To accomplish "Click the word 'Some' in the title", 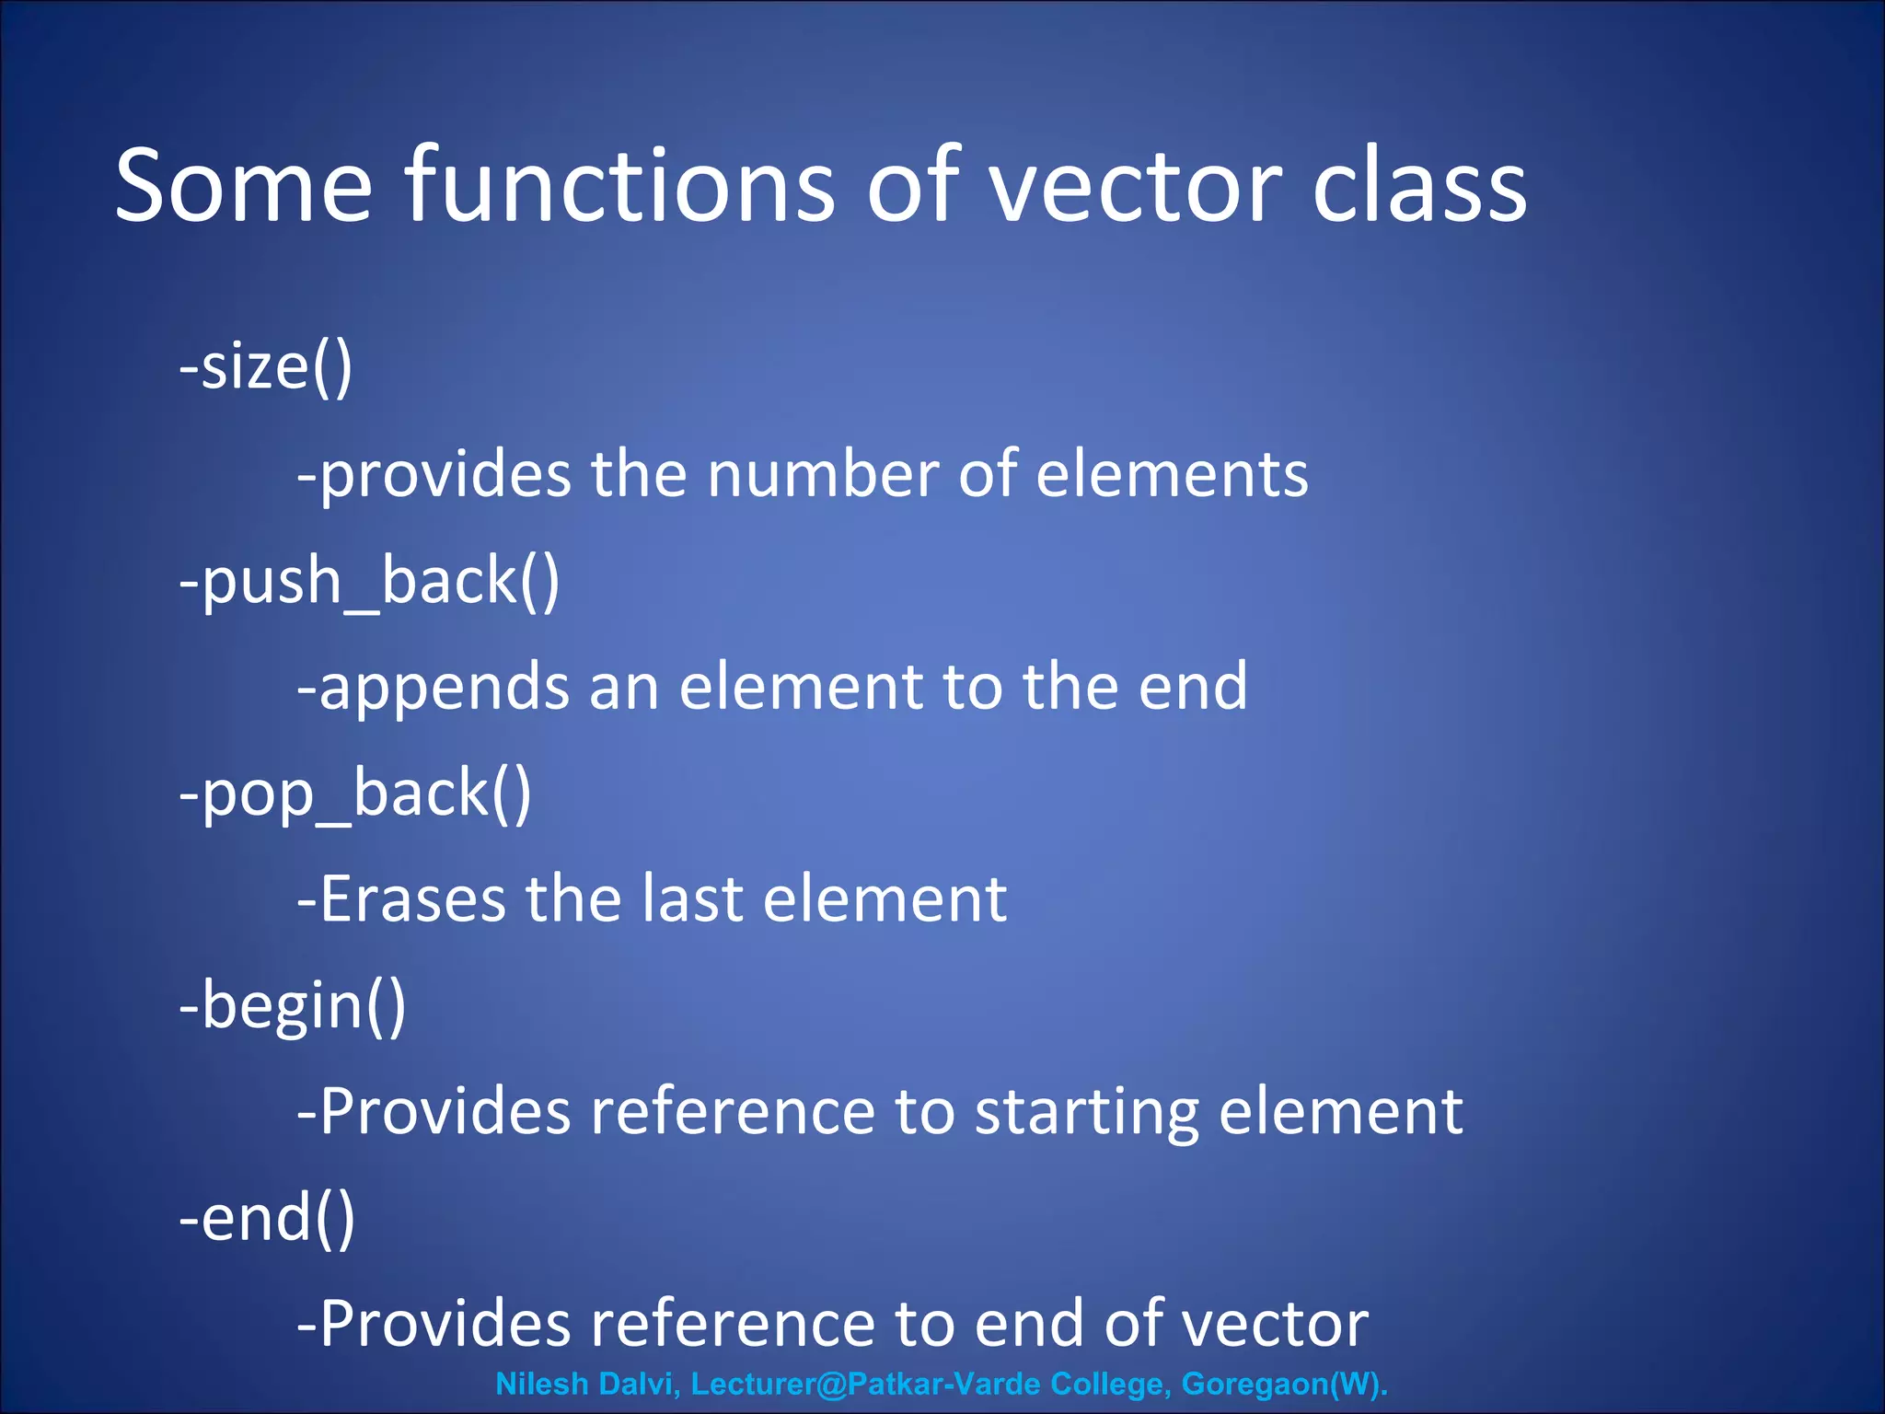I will [x=244, y=187].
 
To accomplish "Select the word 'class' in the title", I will [x=1419, y=187].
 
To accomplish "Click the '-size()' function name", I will [x=266, y=367].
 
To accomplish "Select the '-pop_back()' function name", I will [x=355, y=794].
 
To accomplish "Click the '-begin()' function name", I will [x=293, y=1005].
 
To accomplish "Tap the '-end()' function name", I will [x=267, y=1219].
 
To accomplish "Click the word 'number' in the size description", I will [x=823, y=474].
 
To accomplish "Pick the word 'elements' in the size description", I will [x=1172, y=474].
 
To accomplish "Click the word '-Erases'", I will [x=401, y=899].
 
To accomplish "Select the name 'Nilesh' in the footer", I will [x=542, y=1384].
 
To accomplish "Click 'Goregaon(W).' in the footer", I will [x=1284, y=1384].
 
